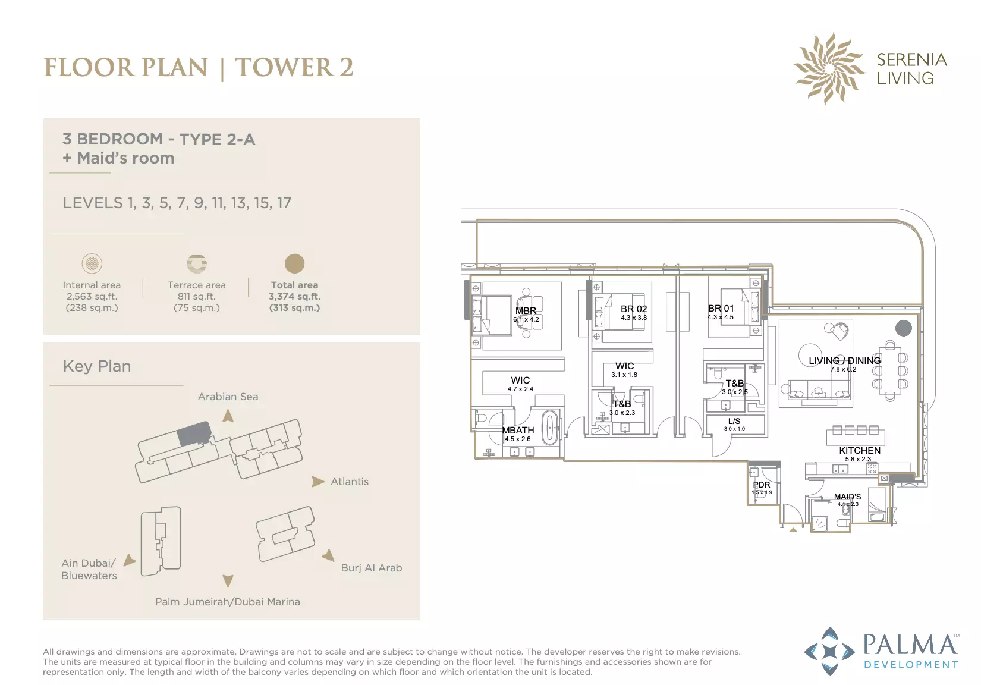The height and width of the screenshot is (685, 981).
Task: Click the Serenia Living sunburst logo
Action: (x=829, y=69)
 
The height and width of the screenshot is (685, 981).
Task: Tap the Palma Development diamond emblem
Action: (x=829, y=651)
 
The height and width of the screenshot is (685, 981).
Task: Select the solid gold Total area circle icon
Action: (x=294, y=263)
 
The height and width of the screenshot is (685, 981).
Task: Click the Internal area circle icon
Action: (x=92, y=263)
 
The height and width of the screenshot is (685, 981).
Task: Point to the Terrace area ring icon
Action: (x=197, y=263)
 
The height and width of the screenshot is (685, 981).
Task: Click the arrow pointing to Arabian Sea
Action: (x=228, y=416)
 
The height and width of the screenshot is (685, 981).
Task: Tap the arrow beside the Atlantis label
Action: (x=318, y=482)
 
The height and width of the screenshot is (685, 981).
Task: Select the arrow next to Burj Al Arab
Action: (x=329, y=556)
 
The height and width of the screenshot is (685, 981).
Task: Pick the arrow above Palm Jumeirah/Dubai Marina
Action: (x=228, y=581)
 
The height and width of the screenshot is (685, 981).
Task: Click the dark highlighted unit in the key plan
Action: (x=194, y=433)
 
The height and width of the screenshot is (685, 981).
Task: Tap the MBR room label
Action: (x=526, y=310)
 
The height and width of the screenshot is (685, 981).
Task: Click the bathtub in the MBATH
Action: (x=550, y=428)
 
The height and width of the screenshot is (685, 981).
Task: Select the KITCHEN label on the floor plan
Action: (x=859, y=450)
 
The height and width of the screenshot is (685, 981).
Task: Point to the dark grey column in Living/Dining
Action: (x=903, y=328)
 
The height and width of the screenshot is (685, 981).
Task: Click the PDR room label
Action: (x=762, y=485)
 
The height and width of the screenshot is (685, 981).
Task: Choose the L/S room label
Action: (x=734, y=422)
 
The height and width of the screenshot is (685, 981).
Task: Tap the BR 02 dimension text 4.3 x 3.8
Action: (x=634, y=318)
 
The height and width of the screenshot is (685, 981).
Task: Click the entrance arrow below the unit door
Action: (x=793, y=530)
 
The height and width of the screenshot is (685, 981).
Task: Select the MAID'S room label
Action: (x=847, y=497)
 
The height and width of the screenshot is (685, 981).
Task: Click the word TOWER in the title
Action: (x=284, y=67)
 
